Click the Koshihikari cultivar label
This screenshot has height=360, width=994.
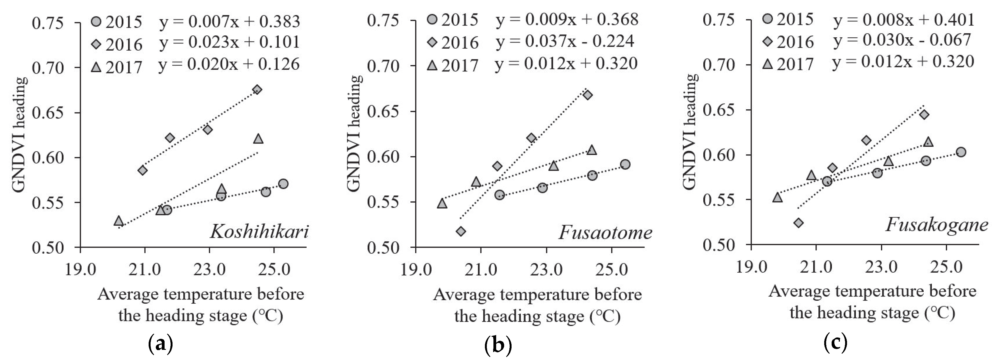259,232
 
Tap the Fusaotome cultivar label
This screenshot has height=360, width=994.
605,232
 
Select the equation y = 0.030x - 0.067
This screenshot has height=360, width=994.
902,40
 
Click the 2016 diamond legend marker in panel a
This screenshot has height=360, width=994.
97,44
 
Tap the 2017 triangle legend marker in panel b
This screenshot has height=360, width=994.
432,65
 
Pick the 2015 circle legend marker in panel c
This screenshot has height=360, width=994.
768,18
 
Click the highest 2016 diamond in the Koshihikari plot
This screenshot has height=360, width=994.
257,90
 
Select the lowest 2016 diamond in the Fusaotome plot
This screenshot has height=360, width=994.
461,231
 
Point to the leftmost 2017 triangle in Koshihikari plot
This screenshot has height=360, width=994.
119,221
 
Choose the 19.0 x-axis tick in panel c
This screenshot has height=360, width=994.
751,267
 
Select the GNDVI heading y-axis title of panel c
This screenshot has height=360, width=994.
690,131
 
